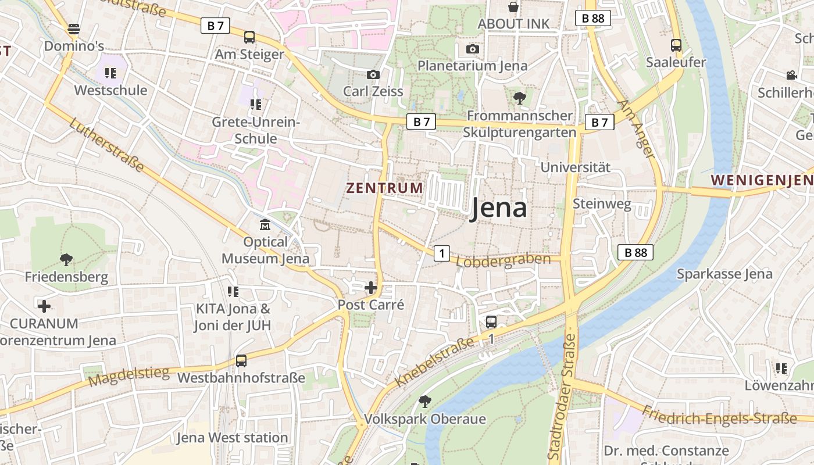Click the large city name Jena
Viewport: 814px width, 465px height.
[x=498, y=208]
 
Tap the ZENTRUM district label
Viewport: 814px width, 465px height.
[x=385, y=188]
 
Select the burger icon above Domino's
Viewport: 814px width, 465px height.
[x=74, y=28]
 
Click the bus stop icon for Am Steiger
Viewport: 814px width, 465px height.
[x=249, y=37]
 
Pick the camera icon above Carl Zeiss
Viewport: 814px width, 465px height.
[x=373, y=74]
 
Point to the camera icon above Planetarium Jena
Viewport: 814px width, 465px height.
[x=473, y=49]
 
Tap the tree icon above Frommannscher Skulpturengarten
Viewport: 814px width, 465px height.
[x=520, y=98]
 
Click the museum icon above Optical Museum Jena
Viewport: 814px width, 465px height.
[x=265, y=224]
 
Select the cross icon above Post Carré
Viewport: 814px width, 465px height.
[x=371, y=288]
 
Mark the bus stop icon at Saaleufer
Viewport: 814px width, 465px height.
[x=676, y=45]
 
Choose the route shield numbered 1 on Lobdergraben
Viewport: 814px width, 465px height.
[x=442, y=253]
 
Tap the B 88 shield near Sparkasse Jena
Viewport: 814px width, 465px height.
[x=636, y=252]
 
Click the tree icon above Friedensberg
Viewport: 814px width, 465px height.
[x=66, y=260]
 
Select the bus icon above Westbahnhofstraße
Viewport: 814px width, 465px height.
[x=241, y=361]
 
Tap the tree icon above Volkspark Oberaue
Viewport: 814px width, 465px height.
[x=425, y=401]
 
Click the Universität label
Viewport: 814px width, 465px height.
[x=576, y=167]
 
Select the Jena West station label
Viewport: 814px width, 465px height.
[x=232, y=437]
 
